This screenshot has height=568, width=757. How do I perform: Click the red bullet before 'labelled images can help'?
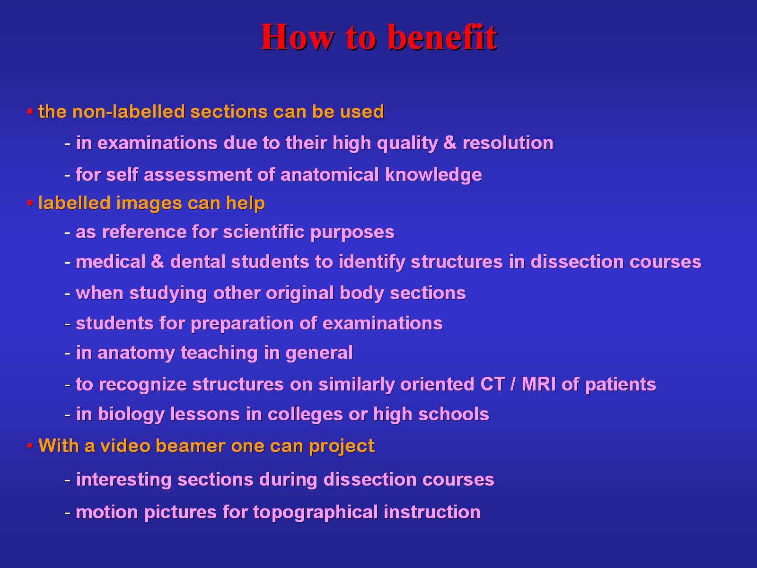tap(30, 204)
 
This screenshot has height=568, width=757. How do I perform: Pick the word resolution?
tap(508, 143)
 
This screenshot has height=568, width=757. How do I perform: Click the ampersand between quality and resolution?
tap(449, 143)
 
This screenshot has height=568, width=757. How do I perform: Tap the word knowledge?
tap(433, 175)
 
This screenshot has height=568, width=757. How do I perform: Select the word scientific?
tap(264, 232)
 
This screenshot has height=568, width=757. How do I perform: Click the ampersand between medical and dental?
tap(158, 261)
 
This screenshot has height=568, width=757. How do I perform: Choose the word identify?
tap(372, 262)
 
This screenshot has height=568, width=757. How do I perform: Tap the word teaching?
tap(219, 353)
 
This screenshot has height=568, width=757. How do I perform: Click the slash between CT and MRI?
tap(513, 384)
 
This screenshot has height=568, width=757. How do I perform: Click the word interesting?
tap(123, 480)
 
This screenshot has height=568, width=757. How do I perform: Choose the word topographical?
tap(316, 513)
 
